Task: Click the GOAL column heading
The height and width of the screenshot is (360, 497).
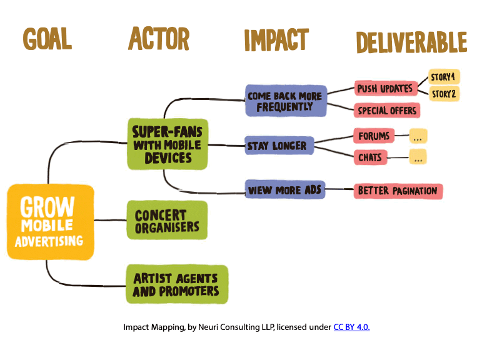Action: (48, 39)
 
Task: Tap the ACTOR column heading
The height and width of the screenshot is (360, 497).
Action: (159, 38)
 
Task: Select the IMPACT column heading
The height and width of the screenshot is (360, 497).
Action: (276, 39)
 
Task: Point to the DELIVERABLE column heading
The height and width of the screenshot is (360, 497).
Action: (411, 42)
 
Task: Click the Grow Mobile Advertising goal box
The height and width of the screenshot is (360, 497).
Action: (51, 222)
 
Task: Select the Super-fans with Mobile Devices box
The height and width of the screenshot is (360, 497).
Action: (168, 144)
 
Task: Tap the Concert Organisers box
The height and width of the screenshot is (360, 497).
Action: (167, 220)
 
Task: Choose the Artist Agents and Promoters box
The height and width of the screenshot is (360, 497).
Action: (177, 284)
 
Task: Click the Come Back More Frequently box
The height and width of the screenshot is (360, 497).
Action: (286, 101)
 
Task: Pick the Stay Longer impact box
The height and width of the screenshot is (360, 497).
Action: (279, 146)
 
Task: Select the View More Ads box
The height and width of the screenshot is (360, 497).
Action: (285, 189)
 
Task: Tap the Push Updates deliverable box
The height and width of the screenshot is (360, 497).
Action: (386, 88)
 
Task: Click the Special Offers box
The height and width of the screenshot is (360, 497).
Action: (387, 110)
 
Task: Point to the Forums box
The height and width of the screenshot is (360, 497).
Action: (374, 136)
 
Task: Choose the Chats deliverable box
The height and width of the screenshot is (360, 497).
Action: (370, 157)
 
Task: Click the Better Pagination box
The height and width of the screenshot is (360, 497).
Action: (398, 191)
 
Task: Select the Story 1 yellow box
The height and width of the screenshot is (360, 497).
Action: (444, 77)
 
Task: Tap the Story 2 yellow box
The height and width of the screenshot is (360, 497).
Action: (444, 94)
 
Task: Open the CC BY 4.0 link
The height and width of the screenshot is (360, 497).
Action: (351, 327)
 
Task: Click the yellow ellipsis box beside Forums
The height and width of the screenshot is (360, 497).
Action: (418, 136)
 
